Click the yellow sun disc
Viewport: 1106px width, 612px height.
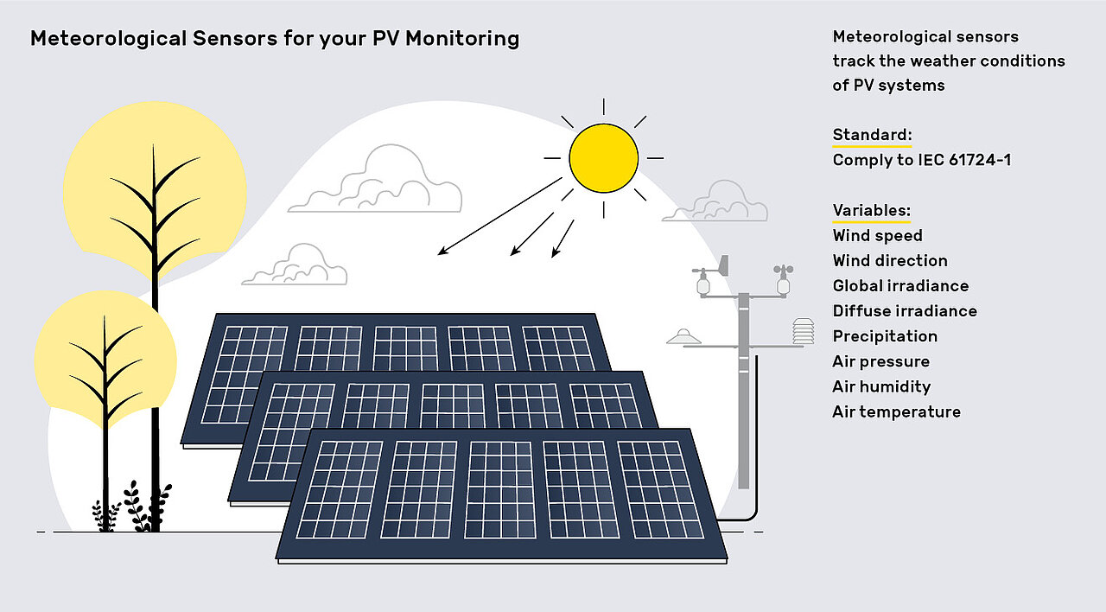603,158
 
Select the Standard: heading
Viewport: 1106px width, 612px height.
872,135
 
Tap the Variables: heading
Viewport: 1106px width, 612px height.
871,211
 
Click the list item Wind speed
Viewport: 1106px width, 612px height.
877,236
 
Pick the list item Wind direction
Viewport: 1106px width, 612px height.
889,261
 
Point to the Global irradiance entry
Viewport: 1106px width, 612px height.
899,286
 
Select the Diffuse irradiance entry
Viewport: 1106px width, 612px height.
904,311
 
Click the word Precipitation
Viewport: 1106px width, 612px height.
884,336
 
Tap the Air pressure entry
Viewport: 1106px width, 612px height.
880,361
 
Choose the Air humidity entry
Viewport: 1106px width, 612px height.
880,386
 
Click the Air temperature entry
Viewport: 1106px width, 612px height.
896,411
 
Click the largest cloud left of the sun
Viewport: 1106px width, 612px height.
376,184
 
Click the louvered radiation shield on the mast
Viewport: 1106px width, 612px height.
803,331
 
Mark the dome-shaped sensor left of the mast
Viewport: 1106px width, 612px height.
683,336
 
